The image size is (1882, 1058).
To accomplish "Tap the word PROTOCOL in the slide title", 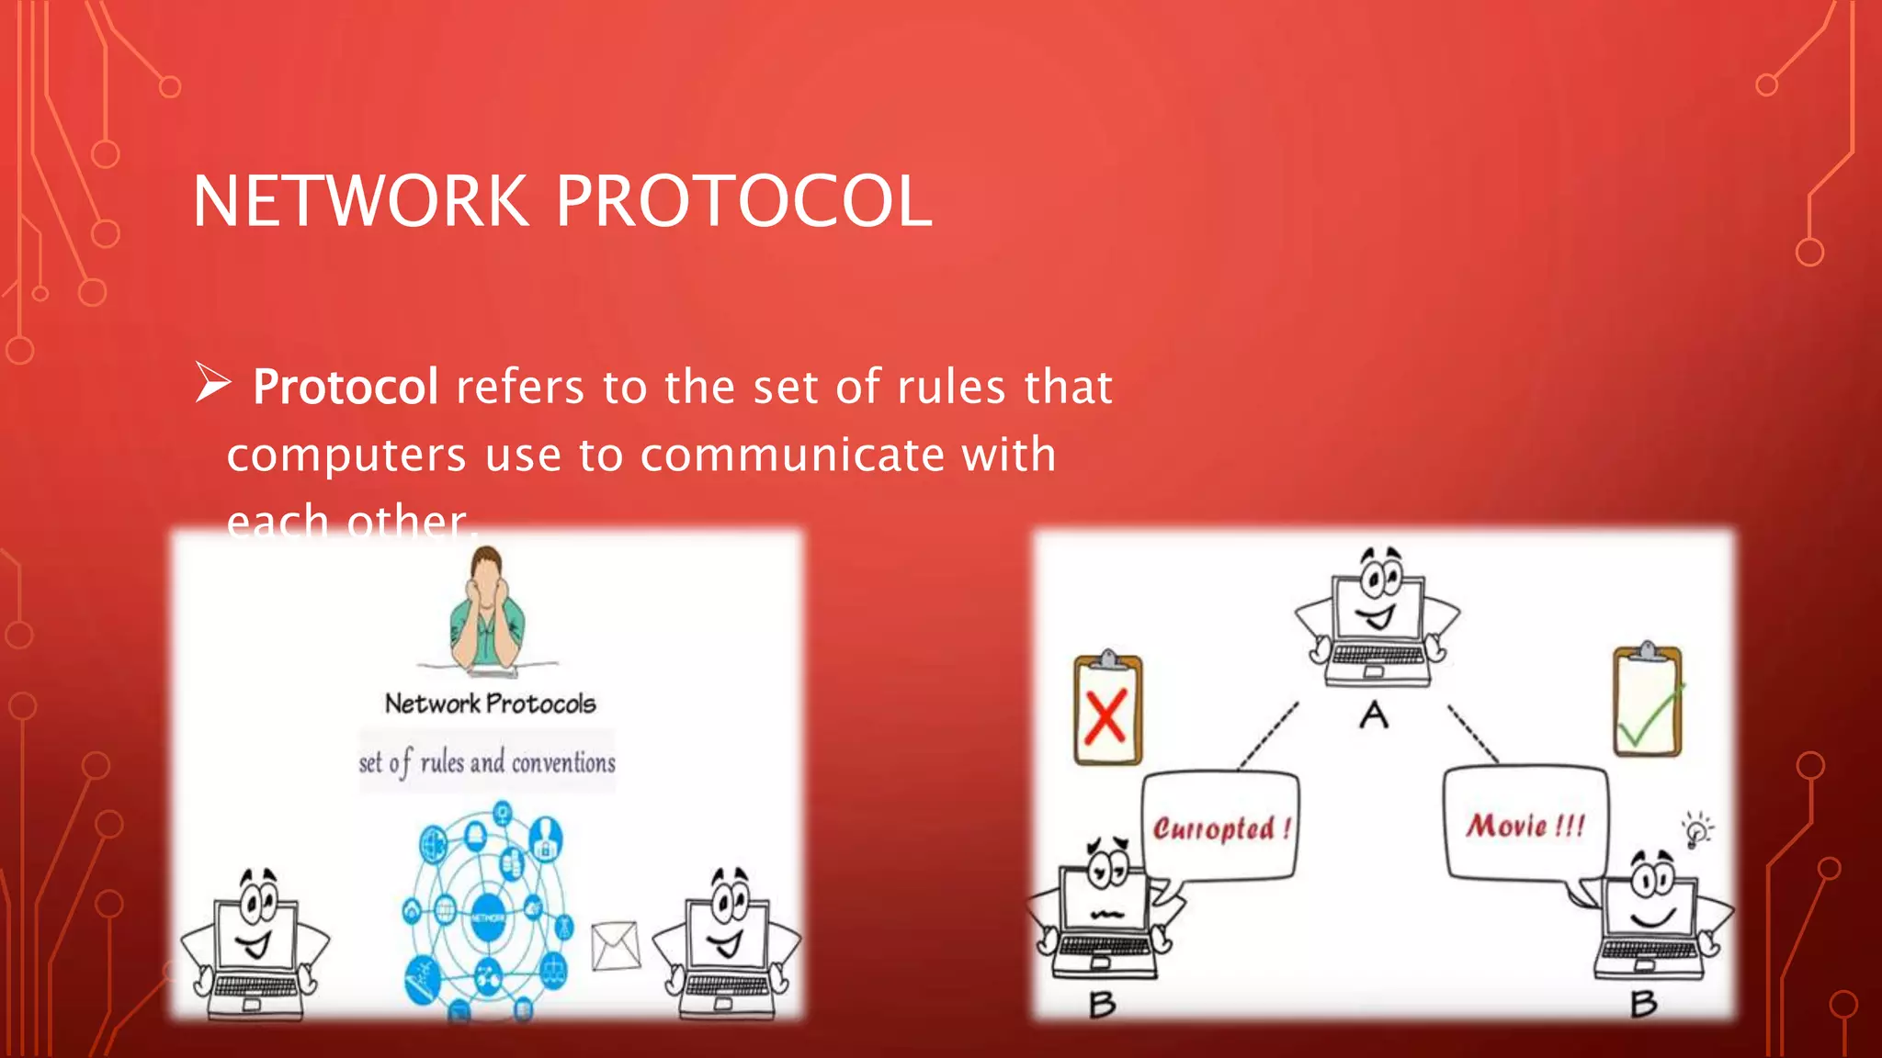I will (x=744, y=201).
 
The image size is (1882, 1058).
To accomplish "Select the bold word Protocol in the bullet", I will (x=346, y=387).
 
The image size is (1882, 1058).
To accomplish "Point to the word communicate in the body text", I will (x=792, y=455).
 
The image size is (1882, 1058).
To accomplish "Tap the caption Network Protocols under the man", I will (x=490, y=703).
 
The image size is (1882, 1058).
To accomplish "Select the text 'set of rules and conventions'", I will (x=487, y=762).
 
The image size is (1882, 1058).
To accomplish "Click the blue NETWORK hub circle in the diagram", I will (x=488, y=917).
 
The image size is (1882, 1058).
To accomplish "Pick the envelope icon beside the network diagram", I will (x=616, y=946).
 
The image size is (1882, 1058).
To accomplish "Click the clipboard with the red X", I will (x=1108, y=710).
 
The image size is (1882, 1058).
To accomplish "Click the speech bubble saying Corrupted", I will (x=1221, y=827).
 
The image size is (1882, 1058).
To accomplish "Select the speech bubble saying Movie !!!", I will (x=1525, y=825).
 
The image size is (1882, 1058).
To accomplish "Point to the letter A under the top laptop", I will (x=1374, y=715).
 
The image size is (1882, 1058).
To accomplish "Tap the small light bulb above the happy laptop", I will (x=1696, y=830).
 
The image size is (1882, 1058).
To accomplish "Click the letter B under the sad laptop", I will (x=1103, y=1005).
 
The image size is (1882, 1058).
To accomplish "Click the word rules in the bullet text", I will (x=951, y=387).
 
